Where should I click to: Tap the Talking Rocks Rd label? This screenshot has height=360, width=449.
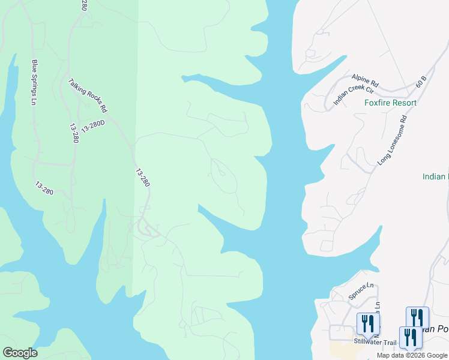pyautogui.click(x=88, y=96)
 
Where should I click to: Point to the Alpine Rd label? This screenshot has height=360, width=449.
pyautogui.click(x=366, y=79)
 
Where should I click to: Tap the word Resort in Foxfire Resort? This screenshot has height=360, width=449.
pyautogui.click(x=405, y=103)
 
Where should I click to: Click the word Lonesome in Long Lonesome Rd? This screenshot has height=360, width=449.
pyautogui.click(x=394, y=140)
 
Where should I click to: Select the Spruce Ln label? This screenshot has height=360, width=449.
pyautogui.click(x=361, y=292)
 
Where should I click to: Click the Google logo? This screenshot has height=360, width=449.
pyautogui.click(x=20, y=353)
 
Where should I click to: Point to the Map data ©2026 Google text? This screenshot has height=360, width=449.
pyautogui.click(x=412, y=355)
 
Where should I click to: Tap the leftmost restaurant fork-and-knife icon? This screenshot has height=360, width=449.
pyautogui.click(x=367, y=323)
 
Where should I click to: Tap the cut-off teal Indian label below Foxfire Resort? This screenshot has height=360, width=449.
pyautogui.click(x=435, y=176)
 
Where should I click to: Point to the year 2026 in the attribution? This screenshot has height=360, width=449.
pyautogui.click(x=418, y=355)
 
